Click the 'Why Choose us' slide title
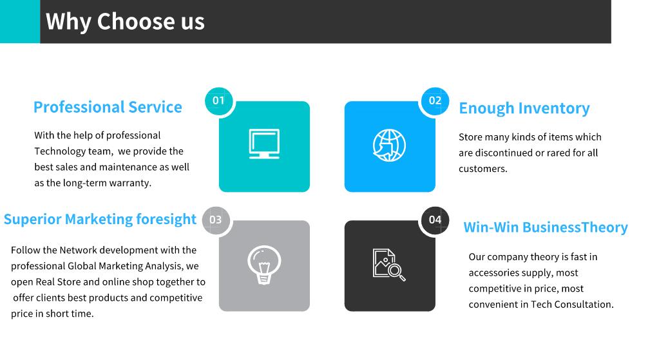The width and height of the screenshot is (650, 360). (x=125, y=21)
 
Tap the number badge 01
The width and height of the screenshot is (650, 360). (x=218, y=100)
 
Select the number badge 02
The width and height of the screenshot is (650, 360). (x=435, y=100)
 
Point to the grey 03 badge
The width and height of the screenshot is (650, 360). (x=216, y=220)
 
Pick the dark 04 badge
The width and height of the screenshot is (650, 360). (x=435, y=220)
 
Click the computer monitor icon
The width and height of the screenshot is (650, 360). (x=264, y=144)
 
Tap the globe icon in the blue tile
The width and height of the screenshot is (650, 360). (x=389, y=146)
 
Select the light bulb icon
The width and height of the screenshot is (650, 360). (x=264, y=265)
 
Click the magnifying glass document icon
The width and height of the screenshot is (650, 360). (x=389, y=265)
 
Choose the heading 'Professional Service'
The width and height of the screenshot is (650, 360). (x=108, y=108)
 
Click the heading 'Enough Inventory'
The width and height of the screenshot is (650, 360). (x=524, y=109)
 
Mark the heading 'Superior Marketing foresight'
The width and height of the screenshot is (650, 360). (x=100, y=219)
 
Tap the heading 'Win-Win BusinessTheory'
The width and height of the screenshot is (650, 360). (x=546, y=227)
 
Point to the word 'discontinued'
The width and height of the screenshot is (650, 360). (x=504, y=153)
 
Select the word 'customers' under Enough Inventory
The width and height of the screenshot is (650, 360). (x=482, y=169)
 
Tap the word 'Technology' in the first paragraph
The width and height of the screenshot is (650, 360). (x=60, y=151)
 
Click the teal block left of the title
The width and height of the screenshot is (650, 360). (x=20, y=21)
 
